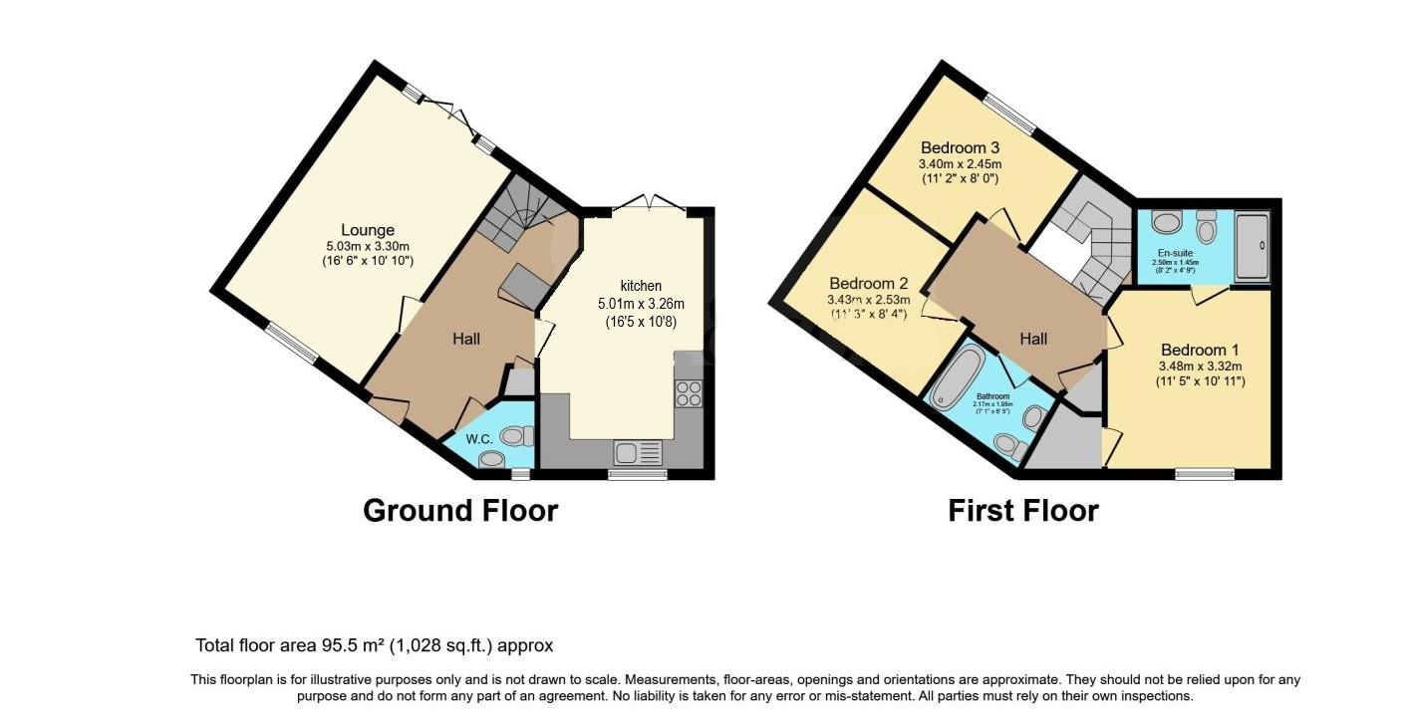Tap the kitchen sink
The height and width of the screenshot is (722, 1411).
pyautogui.click(x=638, y=453)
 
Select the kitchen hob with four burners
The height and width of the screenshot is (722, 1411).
pyautogui.click(x=689, y=394)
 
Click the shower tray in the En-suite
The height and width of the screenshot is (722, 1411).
pyautogui.click(x=1253, y=244)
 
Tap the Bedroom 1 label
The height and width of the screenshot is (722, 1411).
pyautogui.click(x=1200, y=350)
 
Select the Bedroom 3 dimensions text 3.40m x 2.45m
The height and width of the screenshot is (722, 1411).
pyautogui.click(x=960, y=163)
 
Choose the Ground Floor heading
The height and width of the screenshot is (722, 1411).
pyautogui.click(x=460, y=511)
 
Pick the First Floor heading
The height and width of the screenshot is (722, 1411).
pyautogui.click(x=1022, y=511)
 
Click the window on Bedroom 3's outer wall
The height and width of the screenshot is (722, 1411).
pyautogui.click(x=1009, y=114)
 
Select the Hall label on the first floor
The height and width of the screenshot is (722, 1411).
pyautogui.click(x=1033, y=339)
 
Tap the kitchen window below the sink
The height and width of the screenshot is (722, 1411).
pyautogui.click(x=638, y=475)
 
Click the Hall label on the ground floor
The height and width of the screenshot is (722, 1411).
pyautogui.click(x=466, y=339)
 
